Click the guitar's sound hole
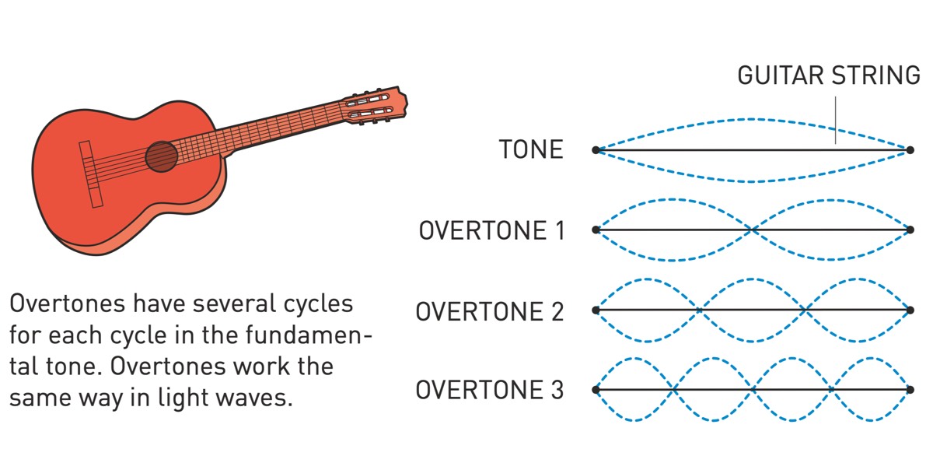162,156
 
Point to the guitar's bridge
90,174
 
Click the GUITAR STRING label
828,75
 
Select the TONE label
531,149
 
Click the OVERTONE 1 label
491,230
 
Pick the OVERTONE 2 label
490,311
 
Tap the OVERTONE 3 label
490,390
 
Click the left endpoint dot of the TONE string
596,149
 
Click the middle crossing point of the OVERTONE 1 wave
753,230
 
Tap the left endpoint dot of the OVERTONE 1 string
596,230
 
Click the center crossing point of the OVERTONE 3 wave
753,389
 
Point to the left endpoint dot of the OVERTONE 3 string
596,389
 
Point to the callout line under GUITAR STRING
836,121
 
